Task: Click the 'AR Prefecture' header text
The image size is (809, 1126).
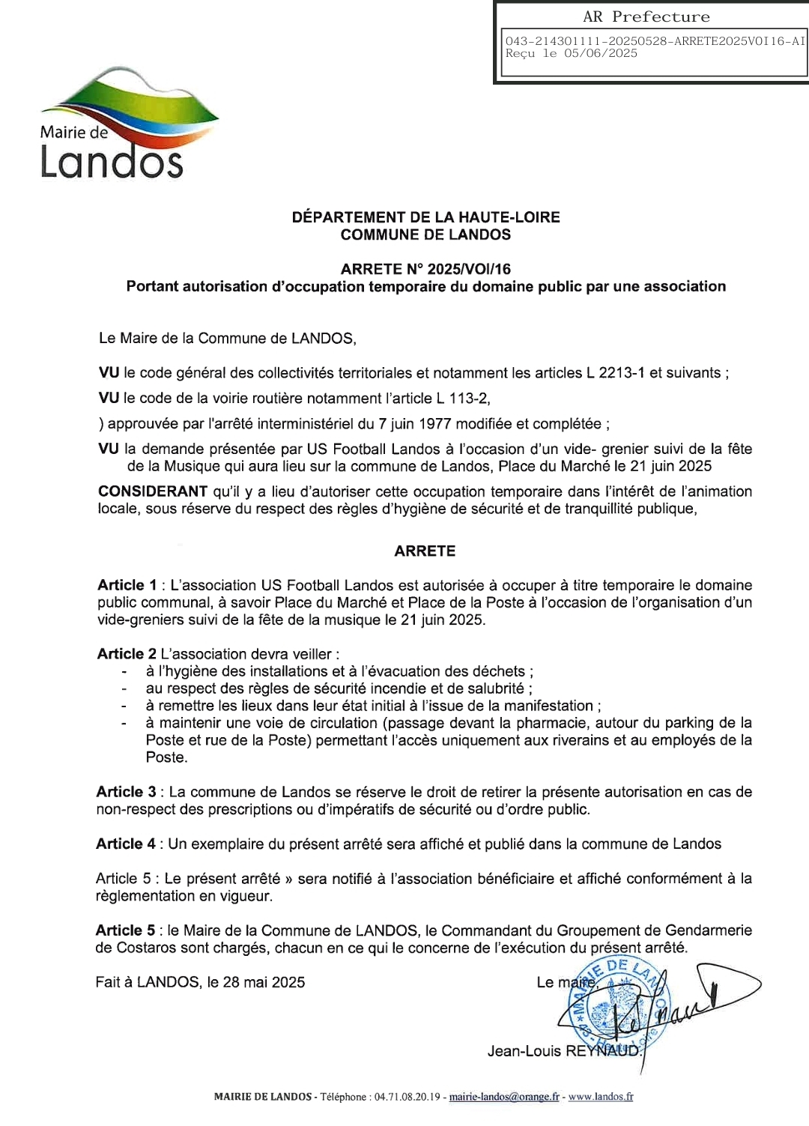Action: click(x=646, y=16)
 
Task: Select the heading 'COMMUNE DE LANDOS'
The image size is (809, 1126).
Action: click(x=425, y=234)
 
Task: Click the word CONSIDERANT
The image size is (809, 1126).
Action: click(x=153, y=491)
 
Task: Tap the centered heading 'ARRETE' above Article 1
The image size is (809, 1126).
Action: click(x=425, y=551)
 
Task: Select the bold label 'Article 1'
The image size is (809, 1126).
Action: click(x=127, y=585)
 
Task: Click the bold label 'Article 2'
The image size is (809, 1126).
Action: click(x=127, y=654)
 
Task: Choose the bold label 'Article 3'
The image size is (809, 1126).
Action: click(x=126, y=792)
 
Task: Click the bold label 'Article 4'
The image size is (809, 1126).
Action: click(x=126, y=844)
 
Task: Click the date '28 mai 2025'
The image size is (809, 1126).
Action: click(x=264, y=982)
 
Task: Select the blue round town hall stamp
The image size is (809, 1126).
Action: click(x=610, y=1008)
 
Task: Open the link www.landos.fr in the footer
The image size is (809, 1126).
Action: click(x=600, y=1097)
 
